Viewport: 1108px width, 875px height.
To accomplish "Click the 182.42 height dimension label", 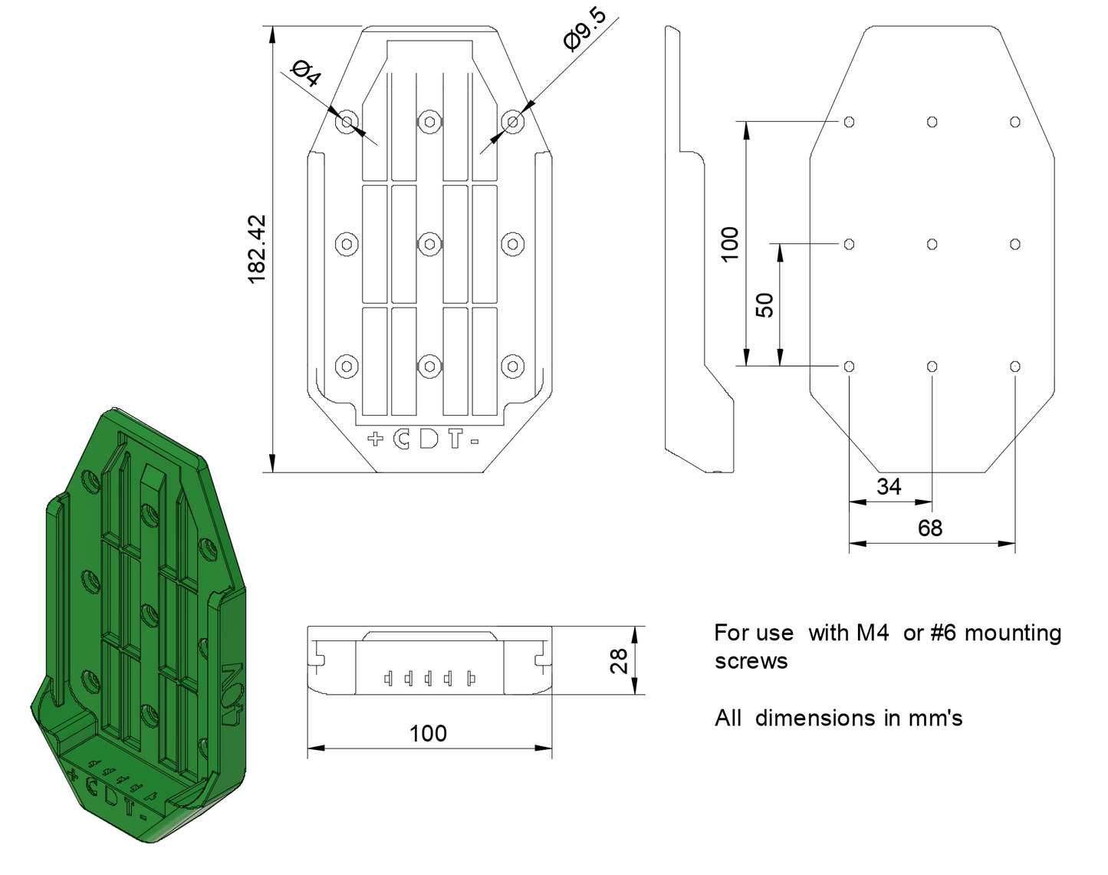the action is click(x=257, y=249).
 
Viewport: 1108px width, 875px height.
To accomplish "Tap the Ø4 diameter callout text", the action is click(x=307, y=73).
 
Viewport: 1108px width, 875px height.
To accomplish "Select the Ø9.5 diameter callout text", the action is click(x=585, y=29).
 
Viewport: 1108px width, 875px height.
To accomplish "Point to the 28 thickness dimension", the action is click(x=618, y=661).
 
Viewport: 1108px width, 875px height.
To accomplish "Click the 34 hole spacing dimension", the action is click(x=889, y=487).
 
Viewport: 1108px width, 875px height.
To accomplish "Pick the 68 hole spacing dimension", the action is click(x=930, y=528).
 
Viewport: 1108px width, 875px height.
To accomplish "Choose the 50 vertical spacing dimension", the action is click(x=764, y=305).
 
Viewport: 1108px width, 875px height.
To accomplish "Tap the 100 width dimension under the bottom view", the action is click(x=428, y=733).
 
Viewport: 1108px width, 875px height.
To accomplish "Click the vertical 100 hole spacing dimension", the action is click(x=729, y=244).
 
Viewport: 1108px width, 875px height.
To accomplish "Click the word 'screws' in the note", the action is click(x=751, y=661).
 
